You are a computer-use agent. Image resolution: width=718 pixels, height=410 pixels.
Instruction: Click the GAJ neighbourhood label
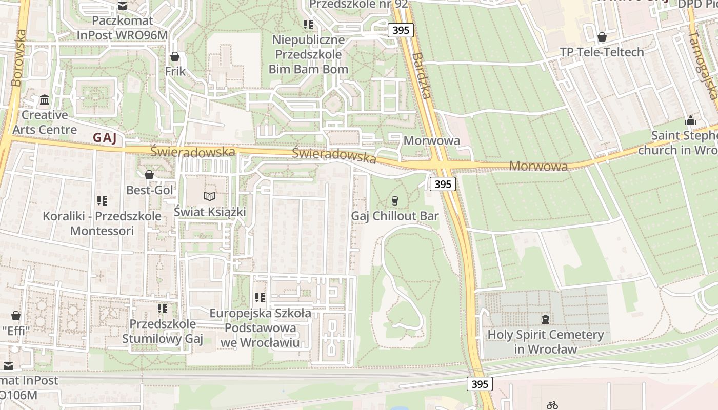pyautogui.click(x=105, y=137)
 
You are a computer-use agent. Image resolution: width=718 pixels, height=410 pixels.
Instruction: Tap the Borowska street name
pyautogui.click(x=17, y=57)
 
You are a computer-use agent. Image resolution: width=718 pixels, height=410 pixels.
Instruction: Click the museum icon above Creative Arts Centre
pyautogui.click(x=45, y=99)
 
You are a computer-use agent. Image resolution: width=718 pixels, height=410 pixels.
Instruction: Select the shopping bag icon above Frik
pyautogui.click(x=175, y=56)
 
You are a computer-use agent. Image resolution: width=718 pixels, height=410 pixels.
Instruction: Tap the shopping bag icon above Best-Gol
pyautogui.click(x=149, y=175)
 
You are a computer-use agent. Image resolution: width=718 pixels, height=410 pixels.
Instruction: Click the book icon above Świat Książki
pyautogui.click(x=210, y=196)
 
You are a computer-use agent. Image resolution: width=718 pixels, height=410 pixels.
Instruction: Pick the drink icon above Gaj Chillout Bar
pyautogui.click(x=394, y=200)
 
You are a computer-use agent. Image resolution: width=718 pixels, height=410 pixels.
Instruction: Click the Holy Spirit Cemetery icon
pyautogui.click(x=546, y=319)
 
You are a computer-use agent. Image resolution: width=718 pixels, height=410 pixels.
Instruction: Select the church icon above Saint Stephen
pyautogui.click(x=691, y=121)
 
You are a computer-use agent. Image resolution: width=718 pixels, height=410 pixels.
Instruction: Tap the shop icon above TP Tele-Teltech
pyautogui.click(x=602, y=37)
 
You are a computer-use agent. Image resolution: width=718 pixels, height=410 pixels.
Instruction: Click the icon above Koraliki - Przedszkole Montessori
pyautogui.click(x=102, y=201)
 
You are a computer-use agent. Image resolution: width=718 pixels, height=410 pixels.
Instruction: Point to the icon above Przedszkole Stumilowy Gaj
pyautogui.click(x=163, y=309)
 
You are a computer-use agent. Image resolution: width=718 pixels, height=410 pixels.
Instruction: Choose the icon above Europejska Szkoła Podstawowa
pyautogui.click(x=260, y=298)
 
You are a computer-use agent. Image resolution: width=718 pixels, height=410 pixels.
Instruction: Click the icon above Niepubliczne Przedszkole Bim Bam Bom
pyautogui.click(x=308, y=25)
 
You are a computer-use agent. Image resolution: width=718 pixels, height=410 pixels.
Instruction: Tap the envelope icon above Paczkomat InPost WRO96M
pyautogui.click(x=123, y=6)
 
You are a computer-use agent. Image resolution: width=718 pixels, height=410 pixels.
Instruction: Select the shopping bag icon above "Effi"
pyautogui.click(x=16, y=316)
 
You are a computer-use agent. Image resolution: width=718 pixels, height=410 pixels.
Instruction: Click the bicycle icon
pyautogui.click(x=552, y=405)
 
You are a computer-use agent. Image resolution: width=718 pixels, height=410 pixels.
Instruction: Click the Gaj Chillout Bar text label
pyautogui.click(x=395, y=216)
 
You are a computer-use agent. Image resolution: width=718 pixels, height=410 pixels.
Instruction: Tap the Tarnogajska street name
pyautogui.click(x=703, y=64)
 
